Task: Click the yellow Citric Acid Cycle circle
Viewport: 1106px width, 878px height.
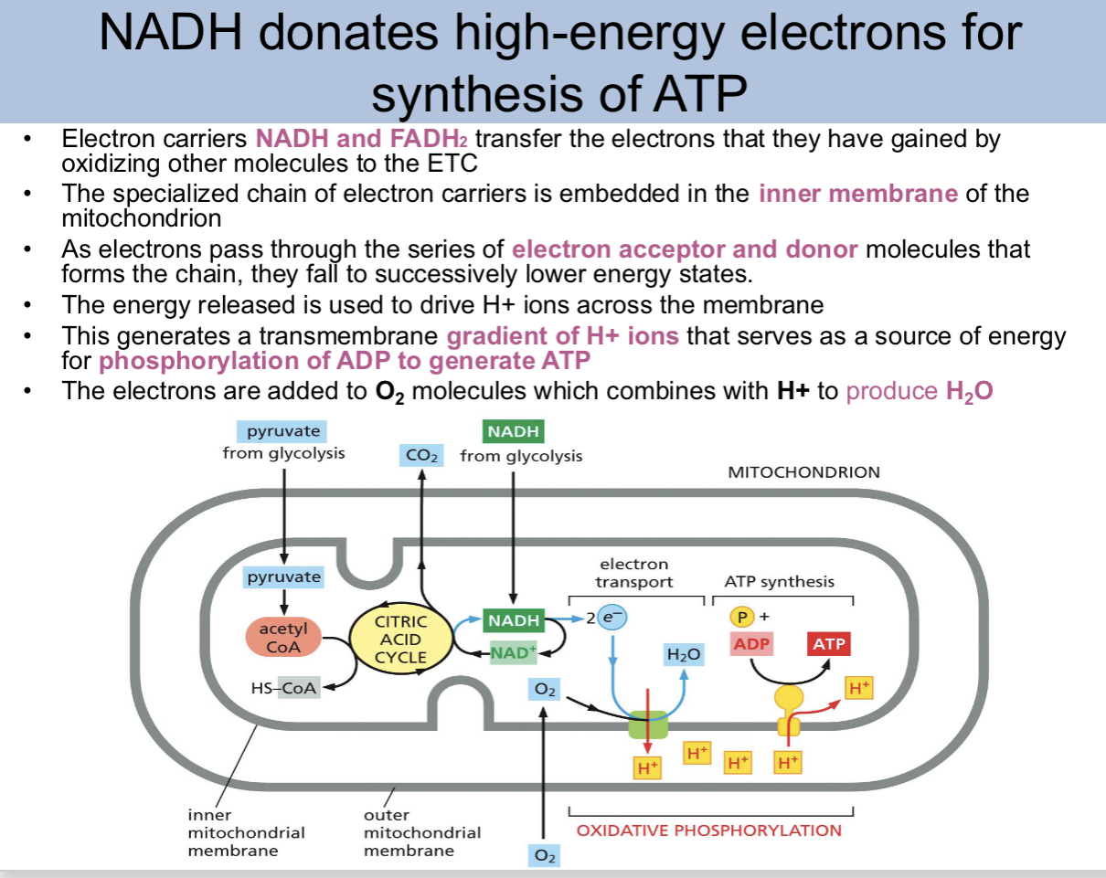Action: (401, 639)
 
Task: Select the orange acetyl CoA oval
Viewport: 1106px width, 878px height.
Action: (283, 638)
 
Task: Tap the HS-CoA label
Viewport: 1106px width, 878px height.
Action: (284, 689)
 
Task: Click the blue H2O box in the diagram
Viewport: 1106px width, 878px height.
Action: (684, 654)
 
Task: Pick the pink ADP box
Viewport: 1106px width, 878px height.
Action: (752, 644)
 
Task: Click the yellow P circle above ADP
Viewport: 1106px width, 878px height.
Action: (743, 617)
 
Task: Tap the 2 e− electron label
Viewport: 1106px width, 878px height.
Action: (607, 619)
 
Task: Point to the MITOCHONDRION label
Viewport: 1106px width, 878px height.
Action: (803, 472)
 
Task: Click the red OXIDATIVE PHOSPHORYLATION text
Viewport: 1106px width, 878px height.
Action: (708, 830)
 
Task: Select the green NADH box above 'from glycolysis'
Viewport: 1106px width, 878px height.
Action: (513, 430)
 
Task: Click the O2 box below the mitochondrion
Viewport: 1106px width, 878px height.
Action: (544, 855)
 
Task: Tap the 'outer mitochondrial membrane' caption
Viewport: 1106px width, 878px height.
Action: (421, 832)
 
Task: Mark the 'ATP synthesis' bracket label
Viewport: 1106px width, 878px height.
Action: (779, 581)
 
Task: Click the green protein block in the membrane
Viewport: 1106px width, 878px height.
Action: (648, 725)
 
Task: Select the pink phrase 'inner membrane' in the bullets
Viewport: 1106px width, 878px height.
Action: (857, 194)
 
